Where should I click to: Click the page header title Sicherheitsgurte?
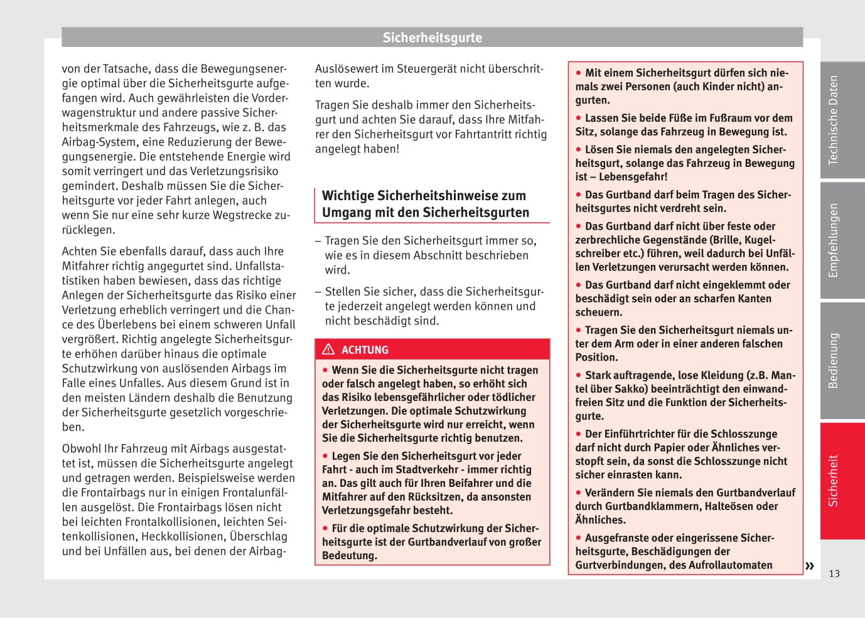point(432,38)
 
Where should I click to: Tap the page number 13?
point(834,573)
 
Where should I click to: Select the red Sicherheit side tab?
point(833,481)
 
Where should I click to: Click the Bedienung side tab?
point(833,361)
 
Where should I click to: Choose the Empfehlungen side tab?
point(833,240)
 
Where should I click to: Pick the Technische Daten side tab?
point(833,120)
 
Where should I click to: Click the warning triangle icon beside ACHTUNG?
point(328,349)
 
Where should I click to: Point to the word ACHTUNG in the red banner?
point(365,350)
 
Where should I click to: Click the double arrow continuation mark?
point(810,566)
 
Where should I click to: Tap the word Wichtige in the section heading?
point(348,196)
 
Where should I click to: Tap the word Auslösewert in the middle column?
point(347,69)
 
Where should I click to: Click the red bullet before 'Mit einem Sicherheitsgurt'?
point(579,73)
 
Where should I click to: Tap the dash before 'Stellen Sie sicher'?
point(318,292)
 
